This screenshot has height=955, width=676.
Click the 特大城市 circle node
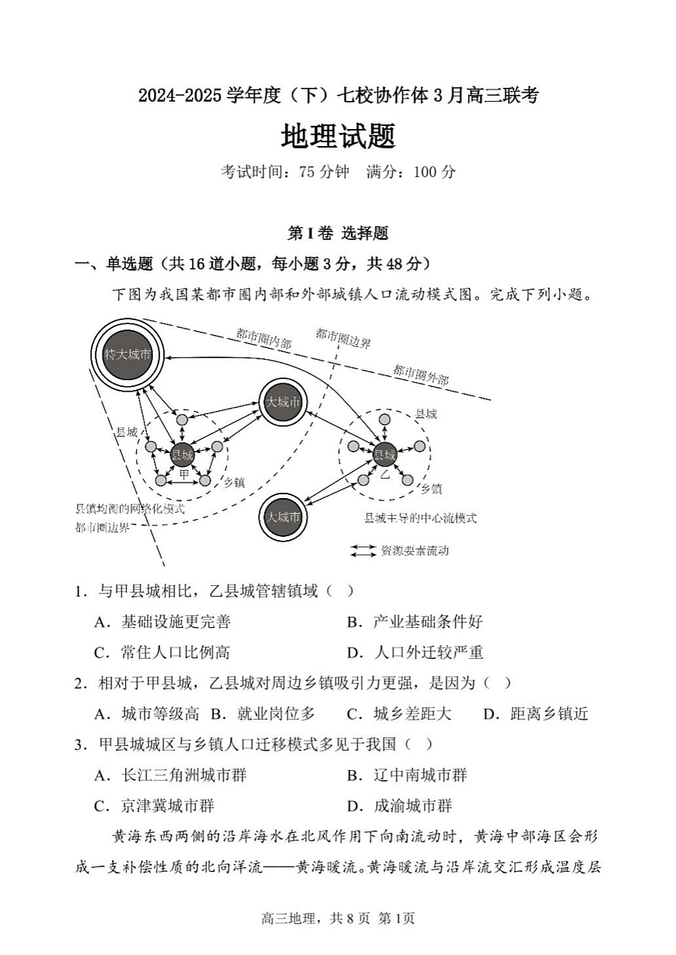tap(127, 354)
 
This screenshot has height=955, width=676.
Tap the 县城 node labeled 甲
tap(182, 455)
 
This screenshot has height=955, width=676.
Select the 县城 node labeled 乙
tap(385, 455)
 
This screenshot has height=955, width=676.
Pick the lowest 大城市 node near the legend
tap(283, 517)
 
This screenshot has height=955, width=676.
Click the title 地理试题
tap(338, 137)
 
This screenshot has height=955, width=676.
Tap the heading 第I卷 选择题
tap(337, 233)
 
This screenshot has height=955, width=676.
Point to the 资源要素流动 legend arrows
tap(363, 551)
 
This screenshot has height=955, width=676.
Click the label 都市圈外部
tap(420, 375)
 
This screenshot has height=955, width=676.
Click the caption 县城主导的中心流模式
tap(420, 518)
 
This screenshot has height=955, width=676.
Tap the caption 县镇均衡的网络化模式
tap(130, 509)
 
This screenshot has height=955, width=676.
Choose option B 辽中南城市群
tap(420, 776)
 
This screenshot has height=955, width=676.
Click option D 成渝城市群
tap(413, 806)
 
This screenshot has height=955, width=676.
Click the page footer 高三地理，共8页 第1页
tap(338, 918)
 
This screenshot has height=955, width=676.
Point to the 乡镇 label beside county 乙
tap(431, 489)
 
